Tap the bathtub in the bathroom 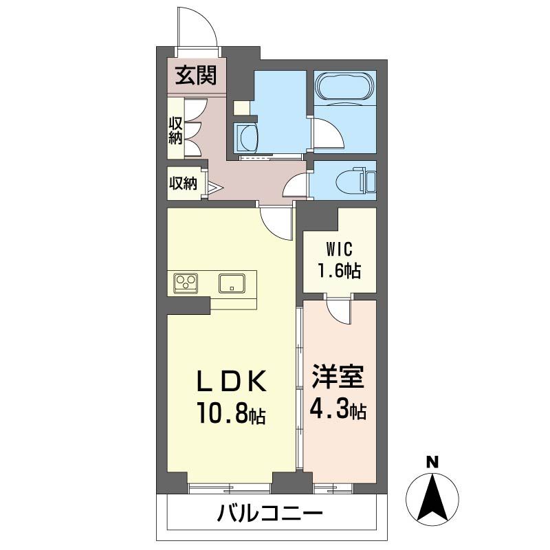tap(345, 88)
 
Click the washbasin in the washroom tap(245, 137)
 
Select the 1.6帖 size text tap(338, 270)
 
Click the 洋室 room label tap(338, 379)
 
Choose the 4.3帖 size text tap(338, 410)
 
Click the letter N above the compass tap(432, 462)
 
